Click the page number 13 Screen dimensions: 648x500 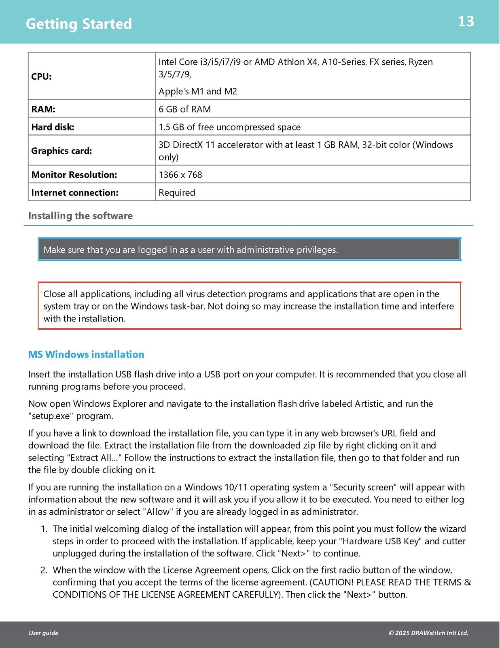click(466, 21)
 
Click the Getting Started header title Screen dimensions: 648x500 click(79, 24)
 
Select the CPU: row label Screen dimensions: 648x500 click(42, 77)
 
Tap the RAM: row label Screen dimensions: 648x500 click(43, 109)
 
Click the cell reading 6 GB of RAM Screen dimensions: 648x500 click(184, 109)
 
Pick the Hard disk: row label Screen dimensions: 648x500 click(53, 127)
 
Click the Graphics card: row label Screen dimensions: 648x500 click(61, 151)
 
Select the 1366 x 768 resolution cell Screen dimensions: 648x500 click(180, 175)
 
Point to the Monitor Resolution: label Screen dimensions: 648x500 click(74, 175)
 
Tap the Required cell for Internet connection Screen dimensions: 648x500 click(177, 192)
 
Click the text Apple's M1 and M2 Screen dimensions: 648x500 click(197, 91)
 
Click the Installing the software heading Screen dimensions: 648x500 click(81, 216)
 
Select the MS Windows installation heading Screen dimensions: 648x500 click(86, 354)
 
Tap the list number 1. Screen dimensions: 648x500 click(44, 529)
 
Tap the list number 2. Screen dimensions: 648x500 click(44, 570)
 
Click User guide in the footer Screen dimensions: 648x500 click(43, 633)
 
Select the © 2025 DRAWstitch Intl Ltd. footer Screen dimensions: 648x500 click(428, 633)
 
